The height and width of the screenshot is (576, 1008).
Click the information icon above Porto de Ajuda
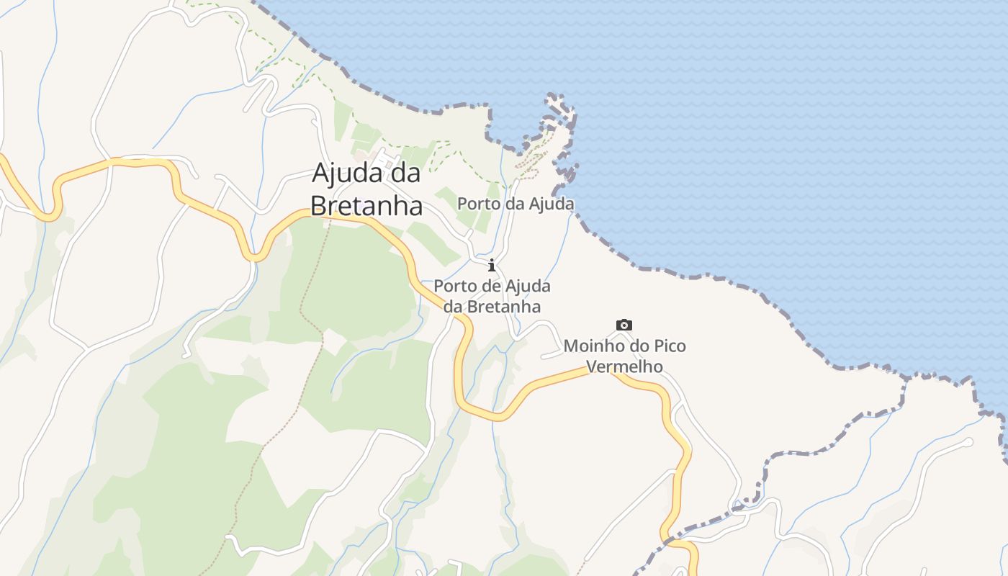(492, 265)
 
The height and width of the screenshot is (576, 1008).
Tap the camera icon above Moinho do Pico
(624, 325)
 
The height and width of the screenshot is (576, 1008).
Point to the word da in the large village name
(403, 174)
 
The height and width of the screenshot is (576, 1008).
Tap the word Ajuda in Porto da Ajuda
(552, 204)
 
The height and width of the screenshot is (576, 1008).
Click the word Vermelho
(624, 366)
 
